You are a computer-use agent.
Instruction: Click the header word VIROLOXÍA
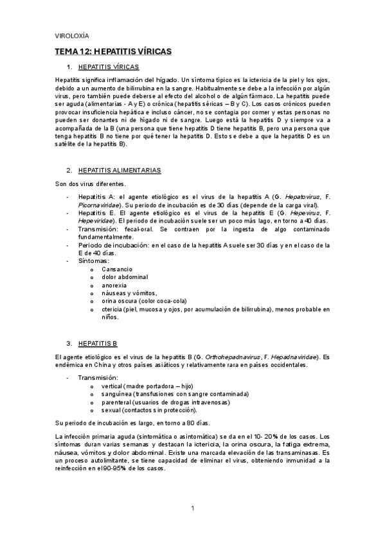point(72,35)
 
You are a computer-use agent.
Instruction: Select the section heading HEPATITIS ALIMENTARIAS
point(118,170)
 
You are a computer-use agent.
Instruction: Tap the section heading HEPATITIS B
point(96,343)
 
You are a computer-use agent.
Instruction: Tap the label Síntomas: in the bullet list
point(93,260)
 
